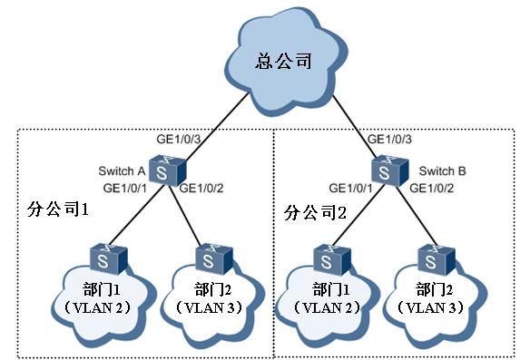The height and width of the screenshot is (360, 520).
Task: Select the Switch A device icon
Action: (x=163, y=169)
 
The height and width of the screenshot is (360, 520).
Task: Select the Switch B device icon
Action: (x=388, y=169)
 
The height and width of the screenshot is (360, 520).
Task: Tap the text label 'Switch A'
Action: (x=122, y=170)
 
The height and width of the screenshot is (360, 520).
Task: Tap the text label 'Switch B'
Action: (x=442, y=170)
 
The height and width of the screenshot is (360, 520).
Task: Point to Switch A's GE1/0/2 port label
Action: (x=204, y=188)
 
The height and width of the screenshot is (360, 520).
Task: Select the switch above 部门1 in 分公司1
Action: (x=102, y=258)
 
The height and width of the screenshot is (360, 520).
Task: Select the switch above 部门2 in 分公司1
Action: (x=208, y=258)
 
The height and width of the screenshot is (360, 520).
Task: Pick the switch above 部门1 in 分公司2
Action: (x=327, y=258)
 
